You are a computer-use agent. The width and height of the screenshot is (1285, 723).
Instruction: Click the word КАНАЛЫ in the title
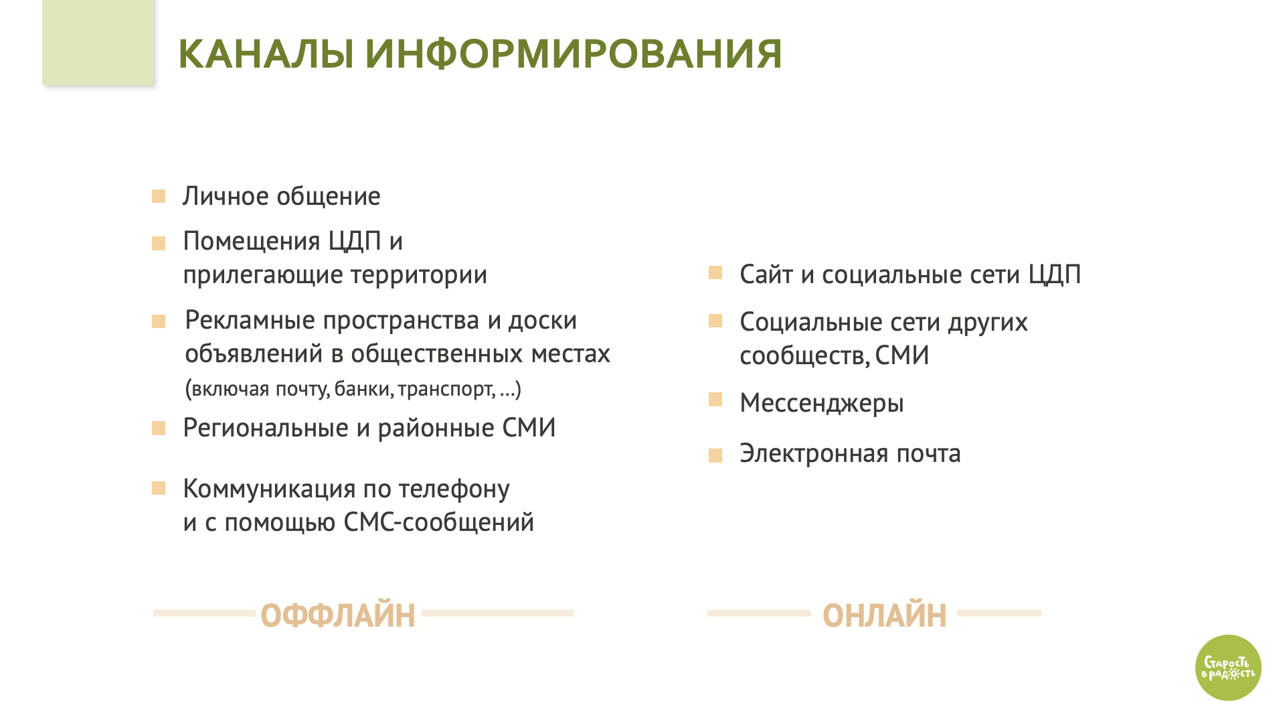(x=266, y=54)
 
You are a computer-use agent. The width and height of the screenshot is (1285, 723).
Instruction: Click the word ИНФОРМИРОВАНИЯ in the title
(x=574, y=54)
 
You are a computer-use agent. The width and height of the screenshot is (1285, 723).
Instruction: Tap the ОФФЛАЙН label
(x=338, y=615)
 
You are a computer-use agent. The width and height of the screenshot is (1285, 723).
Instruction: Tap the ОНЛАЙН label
(x=885, y=615)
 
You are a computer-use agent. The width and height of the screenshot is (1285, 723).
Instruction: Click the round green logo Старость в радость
(x=1228, y=667)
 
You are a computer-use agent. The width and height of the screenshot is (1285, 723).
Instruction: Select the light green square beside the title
(x=98, y=42)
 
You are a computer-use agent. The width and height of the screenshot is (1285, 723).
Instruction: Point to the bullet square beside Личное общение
(x=159, y=196)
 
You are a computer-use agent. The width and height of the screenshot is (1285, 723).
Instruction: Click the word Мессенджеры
(x=822, y=403)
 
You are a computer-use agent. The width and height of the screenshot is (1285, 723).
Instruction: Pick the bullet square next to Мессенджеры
(x=715, y=400)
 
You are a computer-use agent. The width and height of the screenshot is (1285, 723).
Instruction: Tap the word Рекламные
(x=250, y=320)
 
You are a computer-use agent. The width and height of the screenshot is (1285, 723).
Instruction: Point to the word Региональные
(x=266, y=428)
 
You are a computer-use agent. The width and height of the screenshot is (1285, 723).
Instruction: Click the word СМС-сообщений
(x=439, y=522)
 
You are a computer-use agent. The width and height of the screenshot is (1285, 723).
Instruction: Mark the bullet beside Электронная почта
(x=715, y=456)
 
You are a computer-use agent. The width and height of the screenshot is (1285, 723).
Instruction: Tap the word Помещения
(x=252, y=241)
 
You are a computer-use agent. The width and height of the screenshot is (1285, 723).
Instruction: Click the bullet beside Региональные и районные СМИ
(x=159, y=428)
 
